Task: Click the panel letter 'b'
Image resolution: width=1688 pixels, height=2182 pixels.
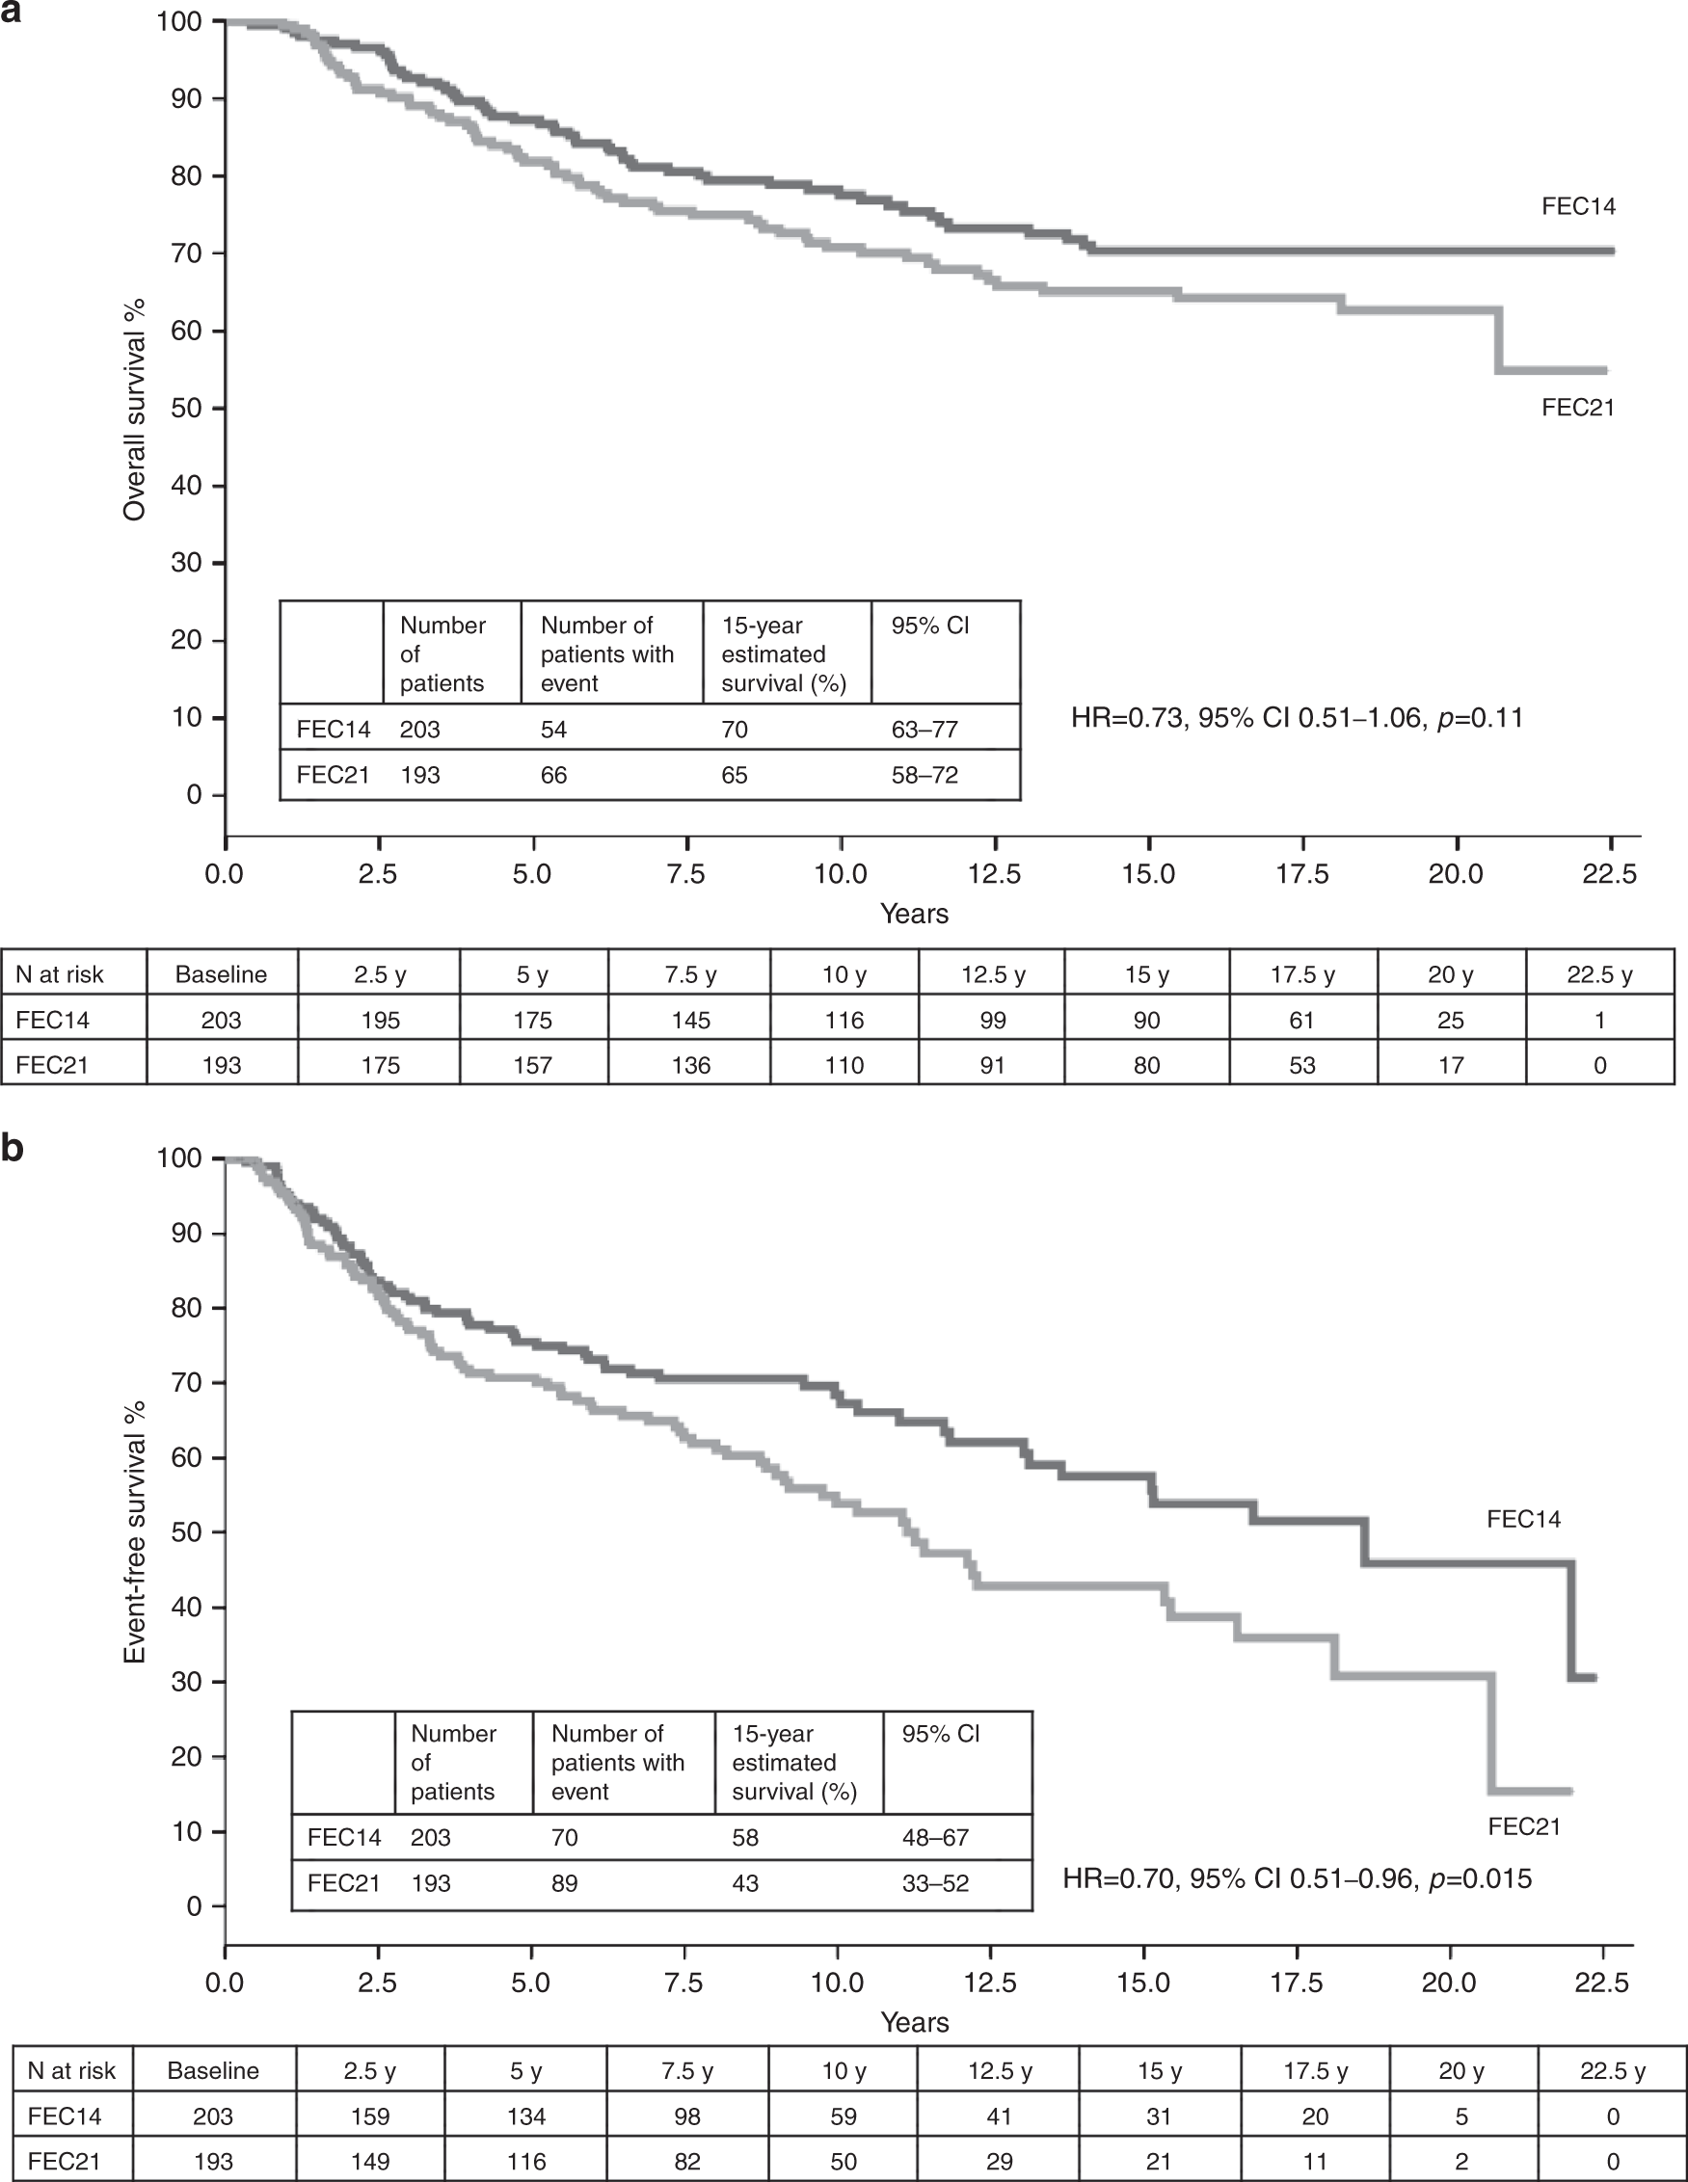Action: (x=12, y=1149)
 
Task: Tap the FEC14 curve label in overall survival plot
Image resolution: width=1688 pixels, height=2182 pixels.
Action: (x=1578, y=207)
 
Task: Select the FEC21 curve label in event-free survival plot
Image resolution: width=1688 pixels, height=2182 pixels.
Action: (x=1523, y=1826)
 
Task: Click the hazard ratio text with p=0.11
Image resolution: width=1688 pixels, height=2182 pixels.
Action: (x=1297, y=717)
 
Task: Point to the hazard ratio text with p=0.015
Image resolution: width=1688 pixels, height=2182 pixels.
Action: (x=1297, y=1878)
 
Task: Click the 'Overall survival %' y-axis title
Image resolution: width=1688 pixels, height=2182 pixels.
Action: (x=134, y=410)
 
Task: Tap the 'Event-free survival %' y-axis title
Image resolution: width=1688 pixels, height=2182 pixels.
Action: (x=134, y=1531)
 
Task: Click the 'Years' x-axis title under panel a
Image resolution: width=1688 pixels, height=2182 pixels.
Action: (x=914, y=913)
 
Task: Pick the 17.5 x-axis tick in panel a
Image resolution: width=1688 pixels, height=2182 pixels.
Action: (x=1302, y=874)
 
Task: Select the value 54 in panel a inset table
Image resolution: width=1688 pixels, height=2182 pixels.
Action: (x=553, y=730)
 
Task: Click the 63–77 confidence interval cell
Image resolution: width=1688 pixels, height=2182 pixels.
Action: (x=924, y=730)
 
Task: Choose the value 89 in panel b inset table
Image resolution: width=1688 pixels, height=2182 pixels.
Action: (x=565, y=1883)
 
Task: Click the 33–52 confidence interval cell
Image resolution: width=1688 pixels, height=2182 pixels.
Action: (x=935, y=1883)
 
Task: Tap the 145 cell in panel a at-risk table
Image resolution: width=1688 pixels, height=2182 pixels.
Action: (x=690, y=1020)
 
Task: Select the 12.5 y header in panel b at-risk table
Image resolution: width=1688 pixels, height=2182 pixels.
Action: (x=999, y=2071)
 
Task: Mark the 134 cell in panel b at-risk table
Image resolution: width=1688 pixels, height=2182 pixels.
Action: (x=526, y=2116)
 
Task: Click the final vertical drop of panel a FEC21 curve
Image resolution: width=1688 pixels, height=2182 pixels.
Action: (x=1498, y=339)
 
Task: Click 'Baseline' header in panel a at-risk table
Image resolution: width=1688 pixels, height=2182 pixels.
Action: (x=221, y=975)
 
